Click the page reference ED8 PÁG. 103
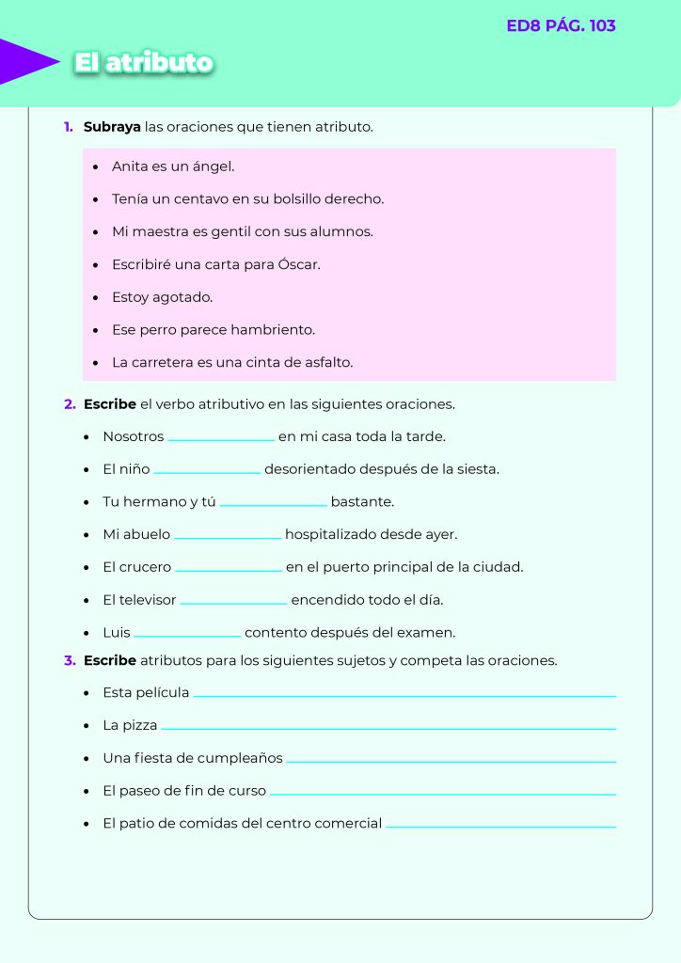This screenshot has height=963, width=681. click(561, 26)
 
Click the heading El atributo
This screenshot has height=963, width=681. click(144, 63)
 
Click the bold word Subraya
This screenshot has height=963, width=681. click(112, 126)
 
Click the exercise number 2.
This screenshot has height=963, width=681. click(70, 404)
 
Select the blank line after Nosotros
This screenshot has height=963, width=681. click(221, 438)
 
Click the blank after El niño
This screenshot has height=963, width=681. click(207, 471)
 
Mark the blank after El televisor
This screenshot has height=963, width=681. click(233, 602)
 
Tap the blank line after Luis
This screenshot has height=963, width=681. click(187, 635)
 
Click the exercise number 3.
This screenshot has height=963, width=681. click(70, 660)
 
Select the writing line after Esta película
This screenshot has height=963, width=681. click(404, 695)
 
